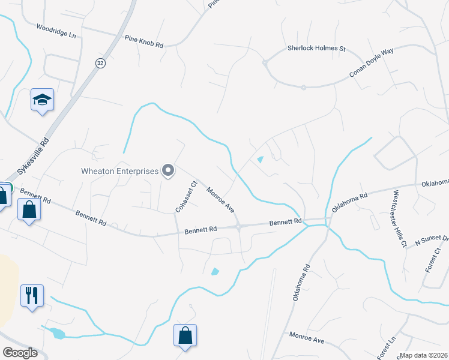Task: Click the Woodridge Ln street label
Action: [56, 31]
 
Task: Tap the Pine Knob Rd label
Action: [143, 41]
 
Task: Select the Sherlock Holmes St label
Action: [316, 48]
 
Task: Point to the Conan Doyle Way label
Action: [372, 63]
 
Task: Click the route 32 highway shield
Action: [100, 62]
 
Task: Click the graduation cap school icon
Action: [43, 100]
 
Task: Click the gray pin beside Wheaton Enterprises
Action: [169, 171]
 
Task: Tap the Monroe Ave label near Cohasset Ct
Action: [220, 200]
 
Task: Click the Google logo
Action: [20, 352]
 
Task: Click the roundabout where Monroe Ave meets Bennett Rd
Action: [239, 226]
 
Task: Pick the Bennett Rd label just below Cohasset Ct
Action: [200, 230]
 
